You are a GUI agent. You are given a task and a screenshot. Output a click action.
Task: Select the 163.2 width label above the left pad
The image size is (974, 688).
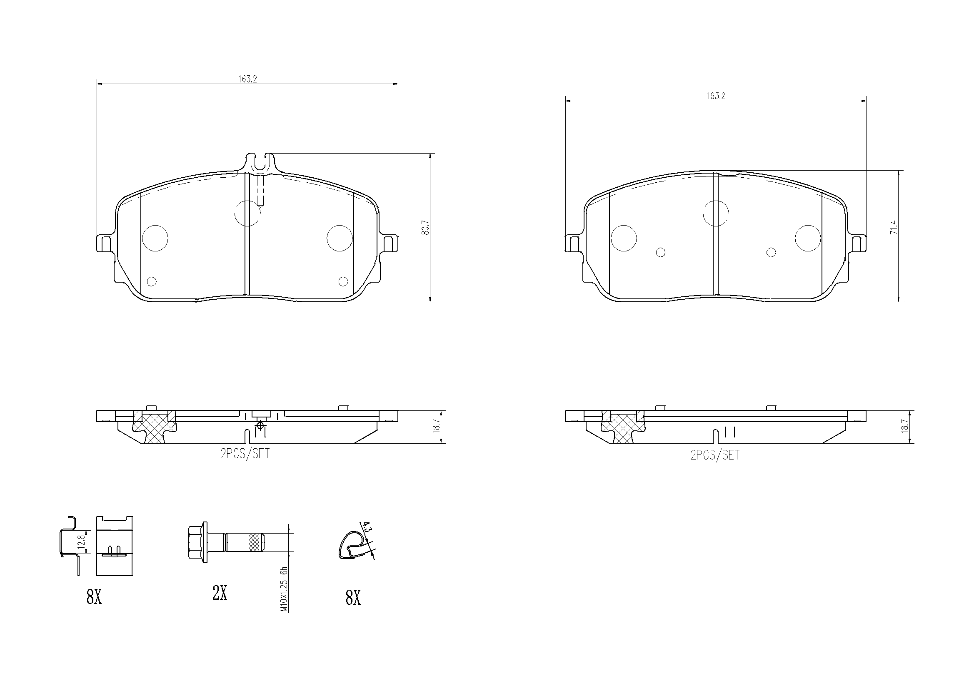248,79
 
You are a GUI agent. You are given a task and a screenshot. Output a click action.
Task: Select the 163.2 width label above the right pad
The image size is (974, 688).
716,96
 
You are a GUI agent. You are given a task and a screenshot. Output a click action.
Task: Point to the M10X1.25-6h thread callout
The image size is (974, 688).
285,589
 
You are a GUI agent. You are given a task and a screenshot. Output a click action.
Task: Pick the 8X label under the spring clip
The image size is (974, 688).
353,598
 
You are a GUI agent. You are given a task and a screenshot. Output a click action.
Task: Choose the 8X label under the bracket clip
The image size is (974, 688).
94,597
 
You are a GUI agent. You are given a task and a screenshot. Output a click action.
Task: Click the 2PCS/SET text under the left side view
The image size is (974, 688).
245,454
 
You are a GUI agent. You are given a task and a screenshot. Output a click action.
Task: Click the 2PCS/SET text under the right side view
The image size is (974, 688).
715,455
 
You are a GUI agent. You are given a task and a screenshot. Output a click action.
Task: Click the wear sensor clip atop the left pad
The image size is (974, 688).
260,163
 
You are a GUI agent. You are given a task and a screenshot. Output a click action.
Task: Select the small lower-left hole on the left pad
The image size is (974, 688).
151,281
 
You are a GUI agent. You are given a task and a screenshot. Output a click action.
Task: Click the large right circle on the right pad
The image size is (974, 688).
808,238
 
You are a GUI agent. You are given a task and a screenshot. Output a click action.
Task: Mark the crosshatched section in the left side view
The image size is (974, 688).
153,428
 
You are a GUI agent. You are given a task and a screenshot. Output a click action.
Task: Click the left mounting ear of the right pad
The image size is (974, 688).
574,244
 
